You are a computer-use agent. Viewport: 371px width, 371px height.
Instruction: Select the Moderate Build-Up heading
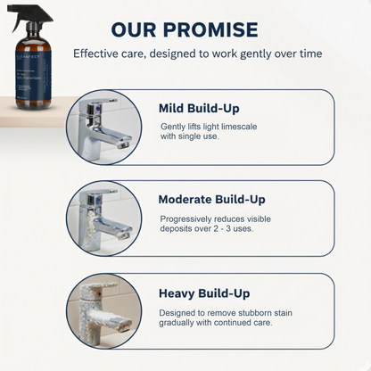click(x=211, y=200)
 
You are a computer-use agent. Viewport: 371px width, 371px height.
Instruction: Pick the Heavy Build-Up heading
click(x=203, y=293)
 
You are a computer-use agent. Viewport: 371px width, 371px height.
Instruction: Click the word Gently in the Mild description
click(x=172, y=127)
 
